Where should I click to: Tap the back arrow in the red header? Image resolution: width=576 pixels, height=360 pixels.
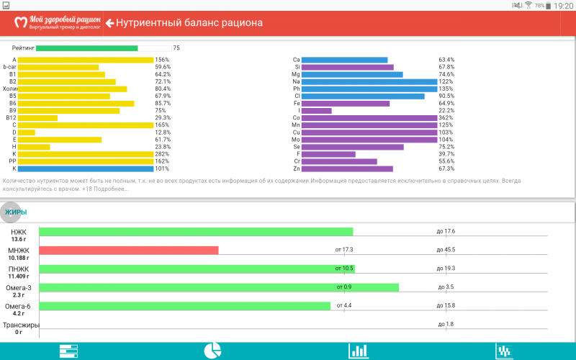click(110, 23)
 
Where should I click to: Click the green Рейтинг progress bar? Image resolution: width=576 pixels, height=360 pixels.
click(86, 48)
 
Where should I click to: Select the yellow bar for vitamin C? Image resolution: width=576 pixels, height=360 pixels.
click(85, 125)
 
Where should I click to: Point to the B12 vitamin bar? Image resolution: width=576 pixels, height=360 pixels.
click(37, 117)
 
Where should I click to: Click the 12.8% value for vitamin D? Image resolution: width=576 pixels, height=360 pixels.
click(162, 132)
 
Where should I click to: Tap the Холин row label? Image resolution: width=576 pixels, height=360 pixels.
click(9, 89)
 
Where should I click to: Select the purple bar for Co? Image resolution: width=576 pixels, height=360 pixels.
click(369, 117)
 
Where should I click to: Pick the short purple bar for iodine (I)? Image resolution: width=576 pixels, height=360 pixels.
click(317, 110)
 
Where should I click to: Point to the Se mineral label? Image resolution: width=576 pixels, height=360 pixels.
click(297, 147)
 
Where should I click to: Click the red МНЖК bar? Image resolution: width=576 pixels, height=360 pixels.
click(128, 250)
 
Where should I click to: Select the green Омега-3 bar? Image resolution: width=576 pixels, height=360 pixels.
click(219, 287)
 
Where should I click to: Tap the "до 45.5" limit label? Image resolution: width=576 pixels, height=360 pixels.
click(446, 250)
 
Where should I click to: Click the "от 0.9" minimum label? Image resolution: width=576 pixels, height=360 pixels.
click(343, 287)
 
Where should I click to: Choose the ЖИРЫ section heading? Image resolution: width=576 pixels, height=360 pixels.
click(16, 212)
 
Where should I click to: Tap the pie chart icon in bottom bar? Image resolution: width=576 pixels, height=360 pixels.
click(212, 351)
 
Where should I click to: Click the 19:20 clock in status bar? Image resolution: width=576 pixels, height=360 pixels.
click(564, 6)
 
